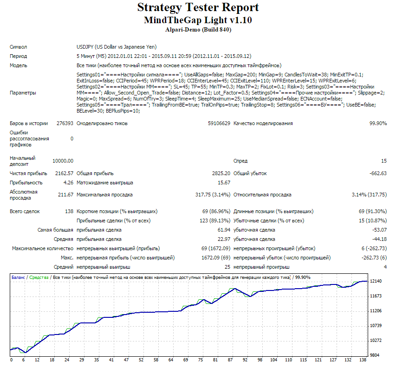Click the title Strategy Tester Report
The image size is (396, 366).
198,7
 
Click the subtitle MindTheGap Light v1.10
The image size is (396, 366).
198,20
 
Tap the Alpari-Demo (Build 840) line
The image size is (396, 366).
198,30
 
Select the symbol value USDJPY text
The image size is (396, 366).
85,47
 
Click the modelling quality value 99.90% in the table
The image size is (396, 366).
378,123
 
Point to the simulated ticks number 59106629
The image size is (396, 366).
219,123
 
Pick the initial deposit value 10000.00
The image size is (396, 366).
63,161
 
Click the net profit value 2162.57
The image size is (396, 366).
64,173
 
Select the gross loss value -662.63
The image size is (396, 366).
378,173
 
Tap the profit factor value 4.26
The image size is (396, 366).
68,183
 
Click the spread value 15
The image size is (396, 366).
384,161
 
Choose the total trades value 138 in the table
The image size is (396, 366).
69,211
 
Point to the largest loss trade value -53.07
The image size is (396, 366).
379,230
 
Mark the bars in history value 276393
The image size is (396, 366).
65,123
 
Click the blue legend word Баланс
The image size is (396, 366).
18,278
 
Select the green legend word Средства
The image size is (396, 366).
39,278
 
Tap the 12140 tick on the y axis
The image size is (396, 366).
376,281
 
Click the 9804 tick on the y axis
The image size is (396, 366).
375,355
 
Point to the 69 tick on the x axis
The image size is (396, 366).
186,360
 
